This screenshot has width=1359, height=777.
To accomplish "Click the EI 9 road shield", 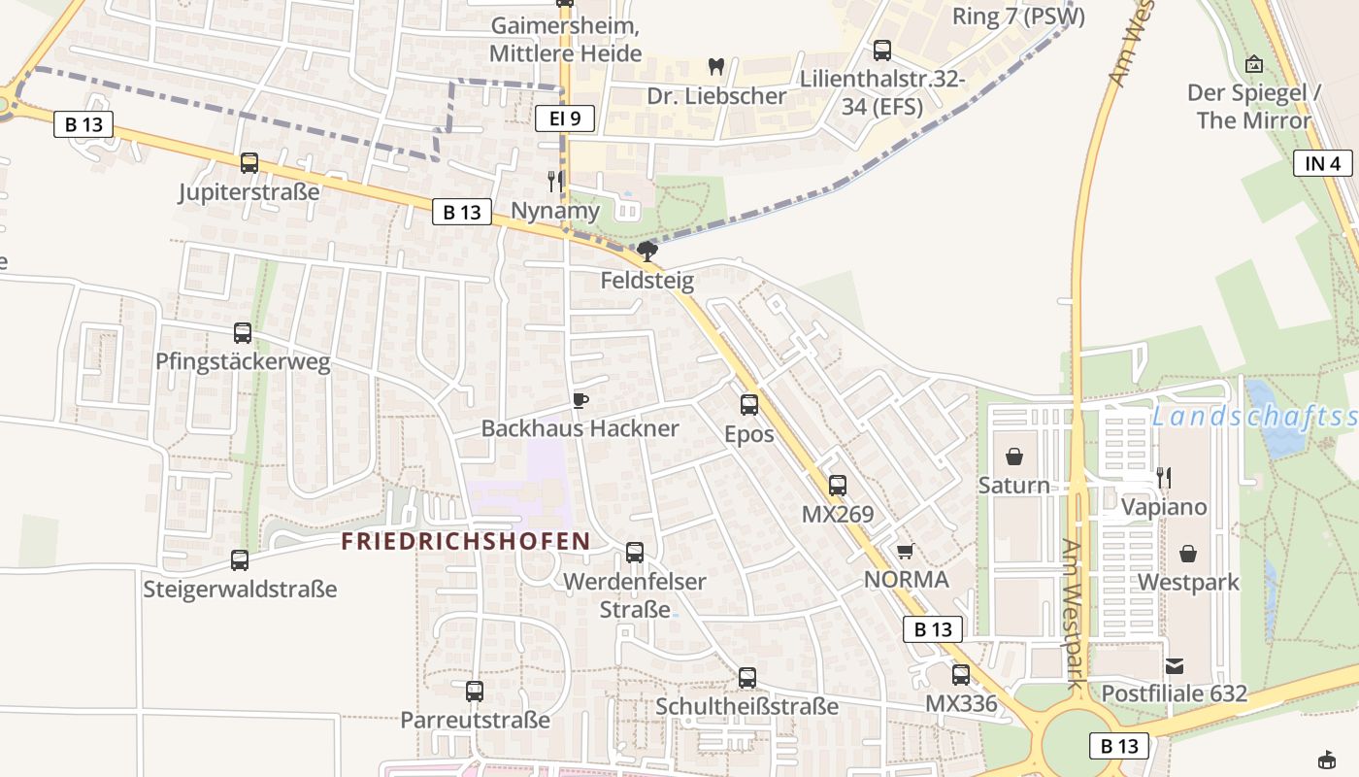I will [x=564, y=118].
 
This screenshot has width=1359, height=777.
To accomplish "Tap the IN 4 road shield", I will [x=1322, y=163].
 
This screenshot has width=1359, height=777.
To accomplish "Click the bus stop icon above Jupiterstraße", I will [x=249, y=163].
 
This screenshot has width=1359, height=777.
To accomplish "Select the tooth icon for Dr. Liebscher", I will [x=716, y=67].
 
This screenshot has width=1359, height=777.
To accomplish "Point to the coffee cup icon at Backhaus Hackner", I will [x=580, y=400].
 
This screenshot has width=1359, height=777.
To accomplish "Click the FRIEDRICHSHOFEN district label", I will [x=466, y=541].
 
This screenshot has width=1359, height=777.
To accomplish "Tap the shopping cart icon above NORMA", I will [x=905, y=552].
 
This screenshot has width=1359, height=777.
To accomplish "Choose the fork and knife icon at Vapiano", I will [x=1164, y=478].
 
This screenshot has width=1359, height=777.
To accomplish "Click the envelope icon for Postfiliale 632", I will [x=1175, y=666].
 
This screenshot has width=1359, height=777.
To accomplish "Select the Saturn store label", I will [x=1013, y=486].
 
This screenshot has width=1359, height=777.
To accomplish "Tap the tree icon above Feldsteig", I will [x=647, y=253].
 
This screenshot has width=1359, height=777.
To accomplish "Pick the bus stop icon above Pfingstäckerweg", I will [x=243, y=333].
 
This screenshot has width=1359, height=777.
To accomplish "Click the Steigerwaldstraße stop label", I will [x=240, y=590].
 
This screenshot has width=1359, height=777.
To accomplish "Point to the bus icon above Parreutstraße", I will [x=475, y=692].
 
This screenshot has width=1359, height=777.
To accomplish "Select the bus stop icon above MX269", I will [x=838, y=486].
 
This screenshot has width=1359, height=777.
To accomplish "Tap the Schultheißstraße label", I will [x=746, y=706].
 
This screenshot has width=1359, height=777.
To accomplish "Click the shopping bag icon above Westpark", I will [x=1188, y=554].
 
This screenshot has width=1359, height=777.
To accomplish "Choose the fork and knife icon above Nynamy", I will [x=554, y=181].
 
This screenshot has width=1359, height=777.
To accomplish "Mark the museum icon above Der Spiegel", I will [x=1254, y=64].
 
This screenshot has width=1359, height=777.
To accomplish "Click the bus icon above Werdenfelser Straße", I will [x=635, y=553].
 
